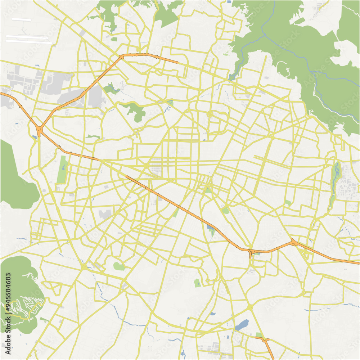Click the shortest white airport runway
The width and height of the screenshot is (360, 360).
[21, 19]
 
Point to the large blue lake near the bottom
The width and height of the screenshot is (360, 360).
[242, 325]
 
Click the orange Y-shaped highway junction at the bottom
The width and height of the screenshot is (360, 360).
[265, 340]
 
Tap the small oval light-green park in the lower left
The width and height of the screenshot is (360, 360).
[119, 266]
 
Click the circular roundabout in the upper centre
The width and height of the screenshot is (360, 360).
[210, 114]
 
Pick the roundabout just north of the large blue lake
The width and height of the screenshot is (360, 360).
[250, 307]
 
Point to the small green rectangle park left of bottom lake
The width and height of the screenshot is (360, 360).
[197, 283]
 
